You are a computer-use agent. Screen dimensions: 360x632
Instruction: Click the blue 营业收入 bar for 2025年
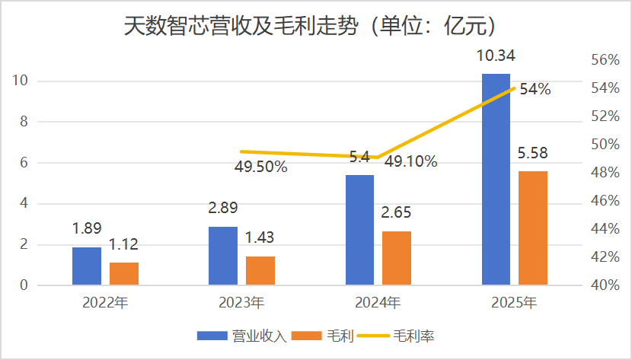[496, 180]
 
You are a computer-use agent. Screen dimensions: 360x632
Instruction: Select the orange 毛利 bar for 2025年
[532, 228]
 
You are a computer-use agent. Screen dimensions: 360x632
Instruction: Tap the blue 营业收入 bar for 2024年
[359, 230]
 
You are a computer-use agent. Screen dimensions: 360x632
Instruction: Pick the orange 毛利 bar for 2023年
[260, 271]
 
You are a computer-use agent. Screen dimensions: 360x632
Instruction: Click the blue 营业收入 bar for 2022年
[87, 266]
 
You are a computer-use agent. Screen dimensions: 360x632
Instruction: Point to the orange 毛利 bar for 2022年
[123, 274]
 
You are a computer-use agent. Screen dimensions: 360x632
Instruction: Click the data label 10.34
[496, 56]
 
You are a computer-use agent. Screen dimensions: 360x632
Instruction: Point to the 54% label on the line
[535, 90]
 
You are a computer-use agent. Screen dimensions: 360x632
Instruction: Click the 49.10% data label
[410, 161]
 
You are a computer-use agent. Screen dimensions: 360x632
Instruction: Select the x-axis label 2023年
[242, 303]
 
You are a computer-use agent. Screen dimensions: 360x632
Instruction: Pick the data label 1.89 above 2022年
[87, 229]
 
